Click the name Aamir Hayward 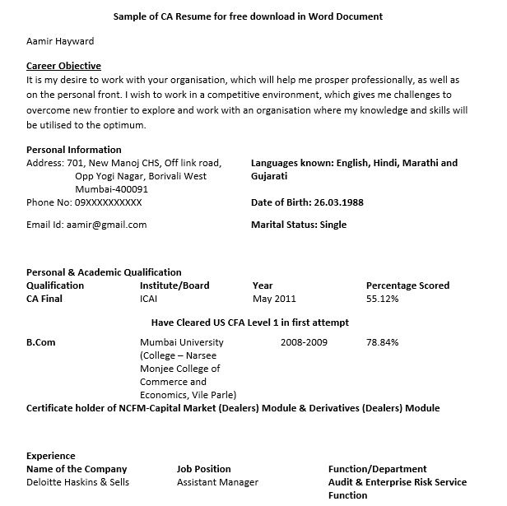coord(60,41)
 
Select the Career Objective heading coord(63,66)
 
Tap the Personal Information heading coord(73,150)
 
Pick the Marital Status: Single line coord(298,225)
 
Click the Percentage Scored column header coord(407,285)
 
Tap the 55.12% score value coord(382,299)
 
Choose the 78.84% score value coord(382,342)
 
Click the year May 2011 coord(274,299)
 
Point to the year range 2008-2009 coord(304,342)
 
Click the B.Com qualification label coord(40,342)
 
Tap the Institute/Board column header coord(174,285)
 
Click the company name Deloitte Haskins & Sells coord(77,482)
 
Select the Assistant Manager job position coord(217,482)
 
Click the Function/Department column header coord(377,469)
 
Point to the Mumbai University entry coord(181,342)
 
